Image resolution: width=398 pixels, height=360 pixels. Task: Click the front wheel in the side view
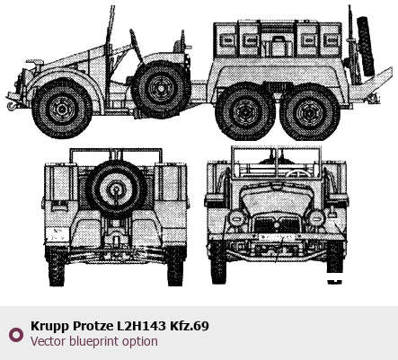62,109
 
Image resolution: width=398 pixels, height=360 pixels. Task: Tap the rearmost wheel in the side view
309,112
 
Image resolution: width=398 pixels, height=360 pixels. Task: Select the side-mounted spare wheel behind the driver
161,88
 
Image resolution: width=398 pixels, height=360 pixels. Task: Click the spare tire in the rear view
116,189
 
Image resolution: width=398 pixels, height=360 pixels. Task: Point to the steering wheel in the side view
136,46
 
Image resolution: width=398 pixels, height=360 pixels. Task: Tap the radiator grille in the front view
277,224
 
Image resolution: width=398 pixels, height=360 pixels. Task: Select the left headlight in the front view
236,218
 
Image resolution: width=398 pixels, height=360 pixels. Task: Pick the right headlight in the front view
317,217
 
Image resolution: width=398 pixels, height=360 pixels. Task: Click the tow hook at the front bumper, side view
11,106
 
